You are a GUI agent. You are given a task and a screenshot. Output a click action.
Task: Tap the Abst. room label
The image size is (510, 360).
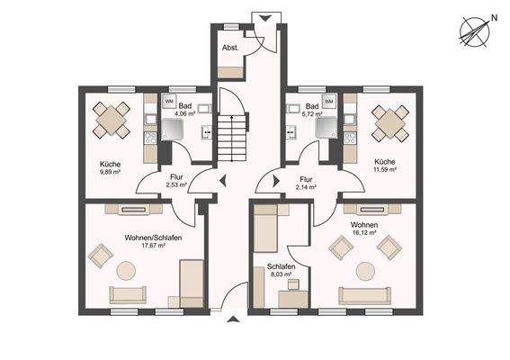[230, 47]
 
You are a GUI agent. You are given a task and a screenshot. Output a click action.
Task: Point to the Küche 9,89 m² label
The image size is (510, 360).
[111, 167]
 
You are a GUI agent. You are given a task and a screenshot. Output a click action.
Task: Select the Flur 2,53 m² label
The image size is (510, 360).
[174, 182]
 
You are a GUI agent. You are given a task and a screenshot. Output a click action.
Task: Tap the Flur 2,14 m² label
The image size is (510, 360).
[307, 183]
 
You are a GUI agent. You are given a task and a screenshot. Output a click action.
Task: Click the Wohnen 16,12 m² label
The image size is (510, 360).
[364, 229]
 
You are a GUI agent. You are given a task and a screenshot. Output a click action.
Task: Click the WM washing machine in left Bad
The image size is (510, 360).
[168, 102]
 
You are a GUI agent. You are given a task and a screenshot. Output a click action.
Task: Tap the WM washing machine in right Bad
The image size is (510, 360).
[328, 102]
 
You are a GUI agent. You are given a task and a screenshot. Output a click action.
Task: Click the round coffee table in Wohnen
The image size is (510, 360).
[365, 269]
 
